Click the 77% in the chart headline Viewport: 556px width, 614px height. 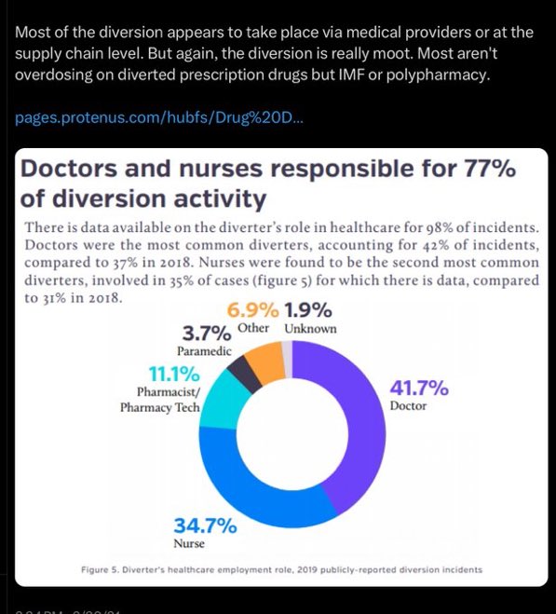tap(484, 170)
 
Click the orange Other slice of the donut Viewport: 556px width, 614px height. tap(269, 362)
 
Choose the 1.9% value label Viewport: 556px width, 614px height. tap(308, 309)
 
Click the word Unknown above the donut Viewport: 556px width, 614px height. tap(310, 328)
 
